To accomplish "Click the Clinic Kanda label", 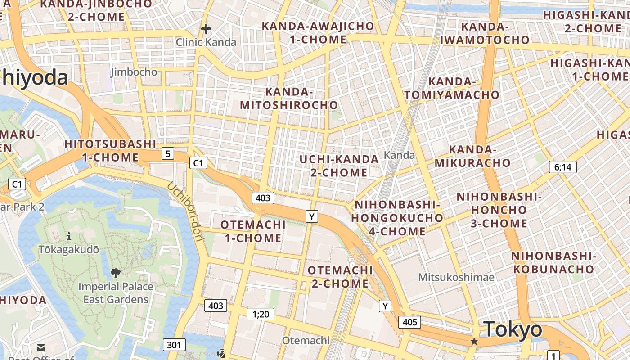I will tap(206, 42).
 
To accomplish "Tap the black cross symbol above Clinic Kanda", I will tap(206, 29).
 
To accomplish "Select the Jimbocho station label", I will tap(134, 72).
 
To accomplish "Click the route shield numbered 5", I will tap(168, 154).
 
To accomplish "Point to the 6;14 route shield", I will tap(562, 167).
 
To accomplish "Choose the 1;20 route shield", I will tap(261, 314).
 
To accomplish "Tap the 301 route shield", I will tap(174, 345).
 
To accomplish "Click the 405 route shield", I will tap(409, 322).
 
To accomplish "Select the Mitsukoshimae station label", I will tap(456, 277).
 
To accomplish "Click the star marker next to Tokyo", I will tap(474, 342).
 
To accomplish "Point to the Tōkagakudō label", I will tap(69, 249).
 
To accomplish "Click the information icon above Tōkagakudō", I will tap(69, 236).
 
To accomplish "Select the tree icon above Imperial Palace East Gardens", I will tap(116, 273).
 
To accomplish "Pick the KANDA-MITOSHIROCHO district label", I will tap(289, 99).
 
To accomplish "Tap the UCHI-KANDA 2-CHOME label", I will tap(339, 166).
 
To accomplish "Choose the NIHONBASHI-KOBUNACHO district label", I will tap(553, 262).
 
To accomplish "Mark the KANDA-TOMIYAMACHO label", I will tap(451, 88).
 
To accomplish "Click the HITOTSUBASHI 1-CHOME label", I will tap(110, 151).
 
